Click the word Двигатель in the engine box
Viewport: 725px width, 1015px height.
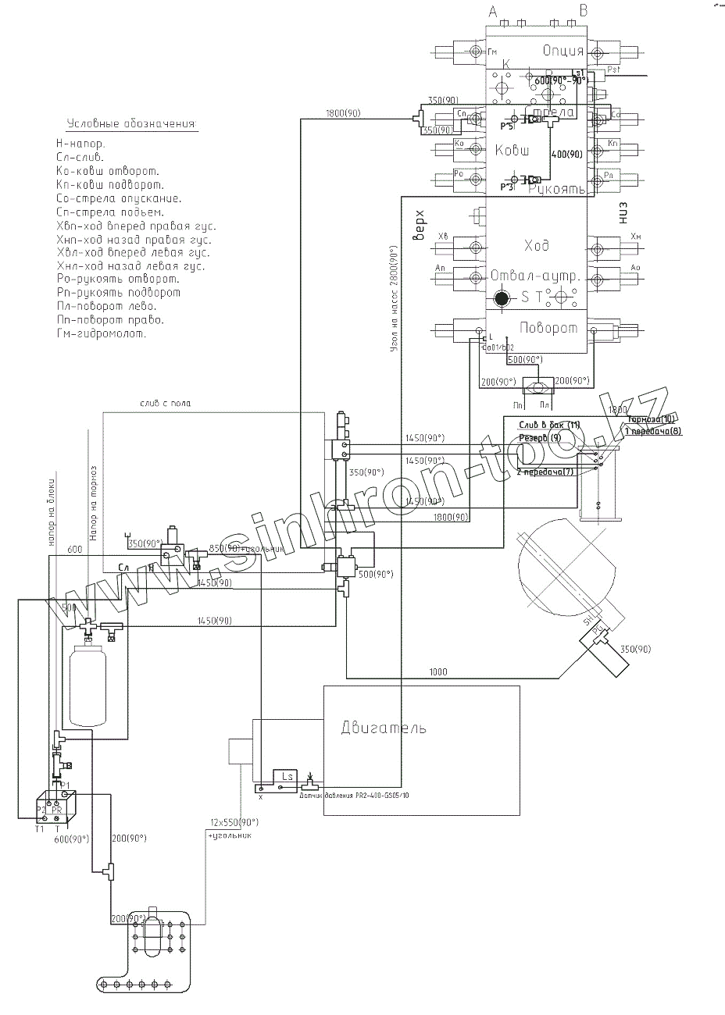click(384, 728)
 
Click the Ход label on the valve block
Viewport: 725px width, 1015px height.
click(535, 245)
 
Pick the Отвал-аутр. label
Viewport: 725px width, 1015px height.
click(534, 277)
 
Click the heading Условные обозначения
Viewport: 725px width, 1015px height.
click(130, 125)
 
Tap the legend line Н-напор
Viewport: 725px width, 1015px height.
click(80, 144)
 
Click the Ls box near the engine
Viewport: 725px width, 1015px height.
click(284, 777)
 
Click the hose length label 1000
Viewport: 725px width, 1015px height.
click(439, 671)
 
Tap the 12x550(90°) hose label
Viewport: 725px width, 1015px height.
click(233, 823)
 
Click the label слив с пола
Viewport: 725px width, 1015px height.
click(165, 403)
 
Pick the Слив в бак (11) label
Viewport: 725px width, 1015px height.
click(549, 423)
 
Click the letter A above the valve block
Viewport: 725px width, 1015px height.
click(492, 11)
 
